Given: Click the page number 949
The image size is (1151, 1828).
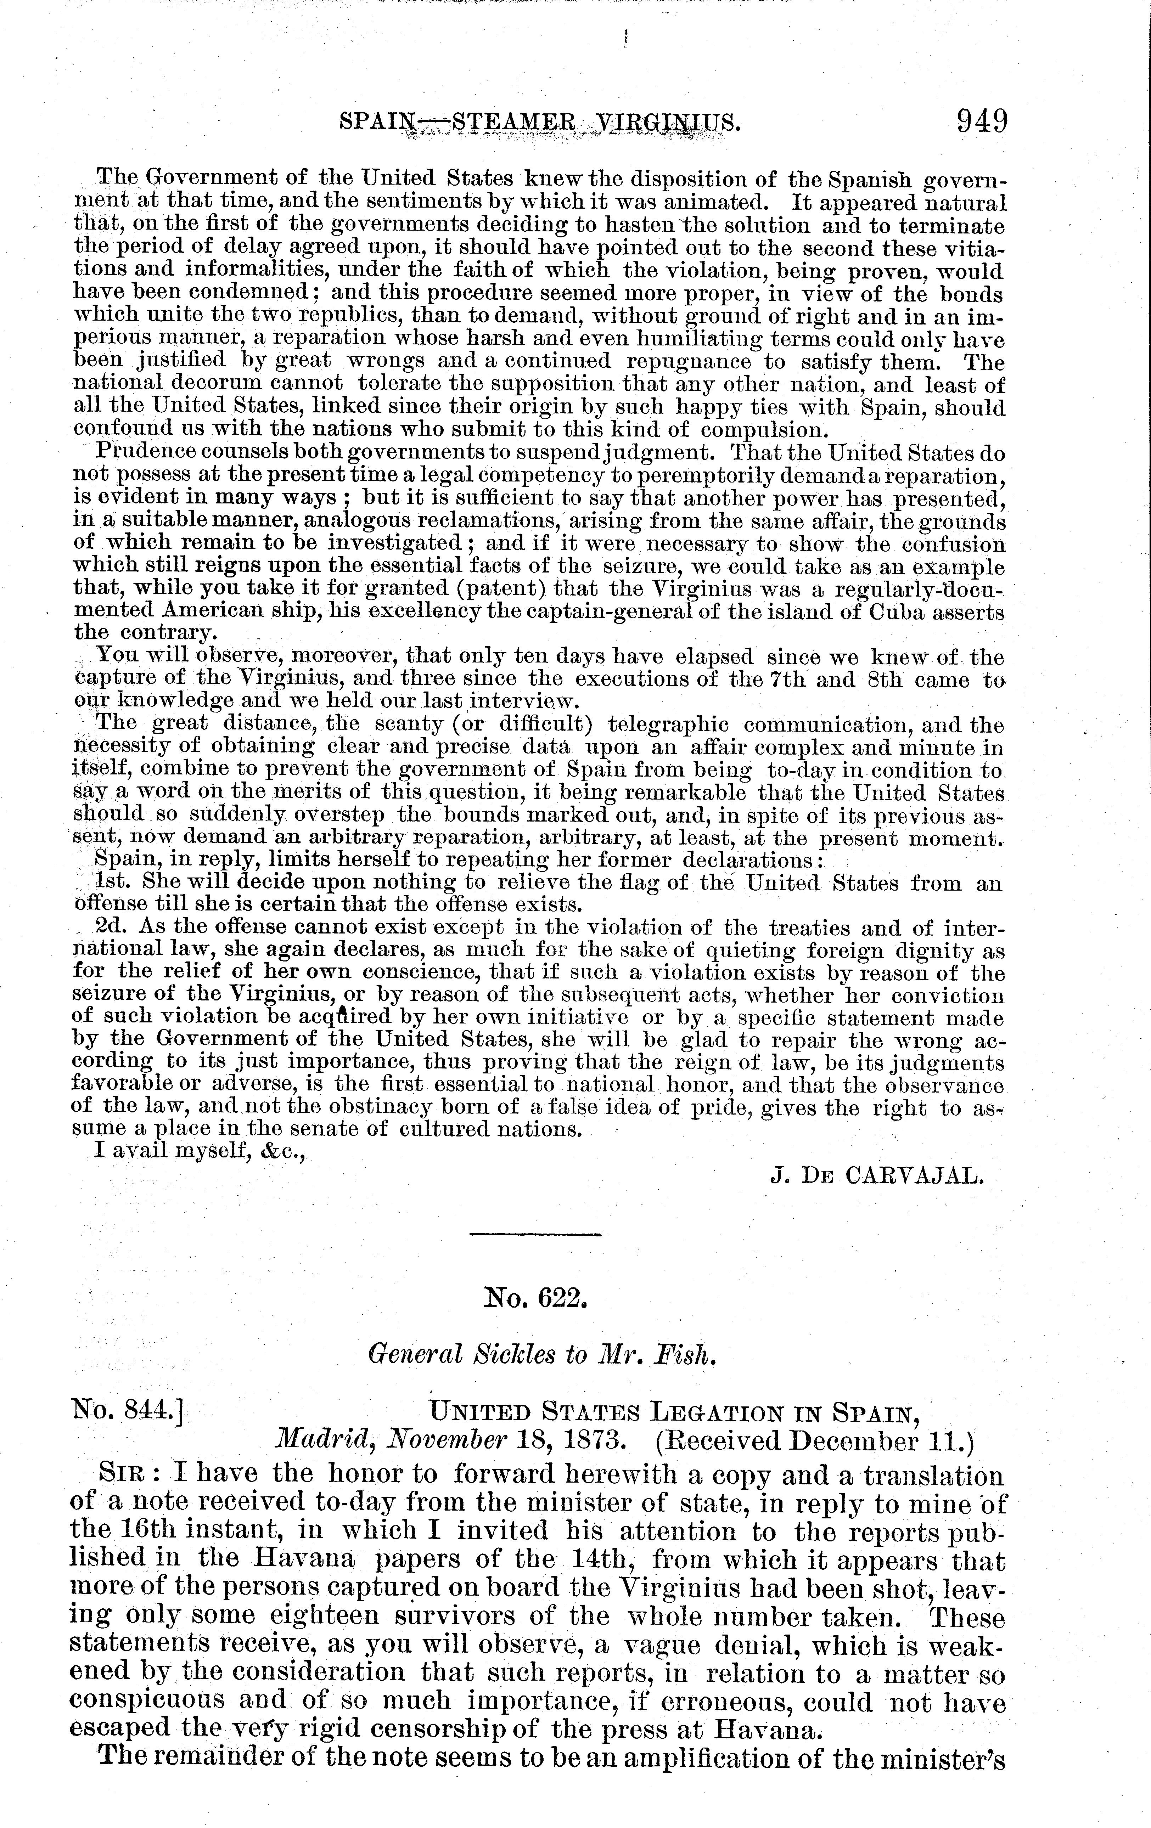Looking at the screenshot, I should tap(982, 122).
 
